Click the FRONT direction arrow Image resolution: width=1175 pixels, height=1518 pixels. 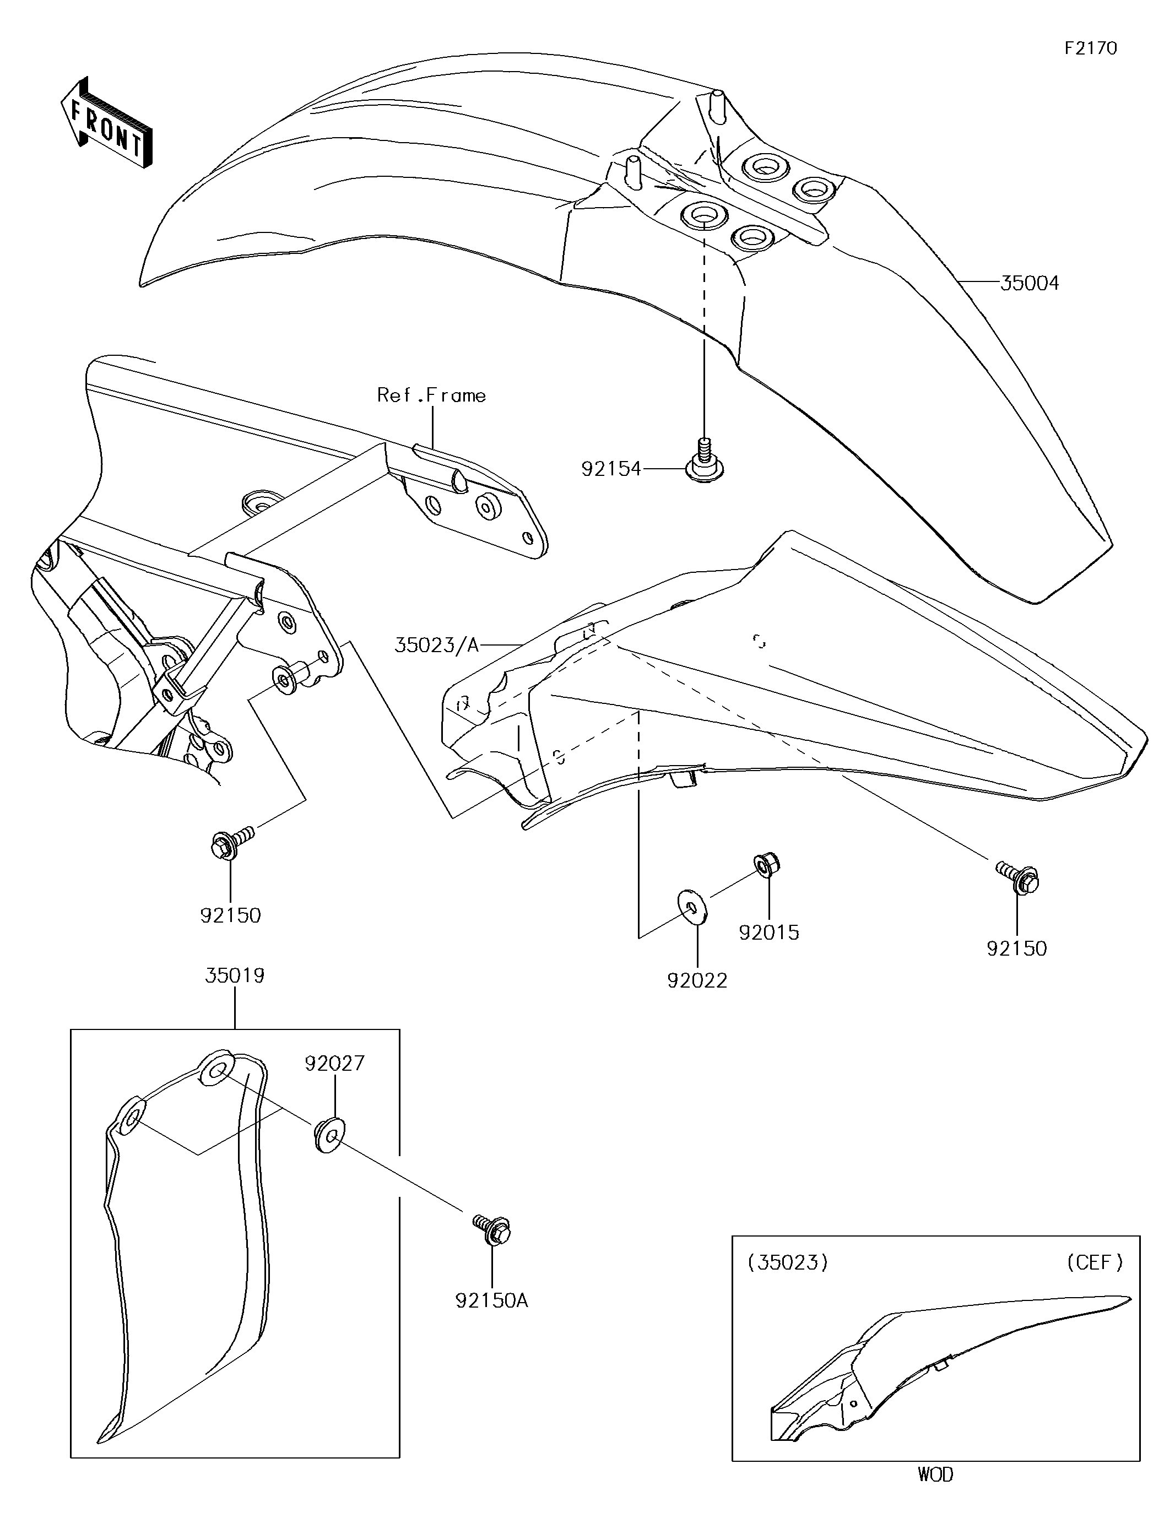(x=106, y=124)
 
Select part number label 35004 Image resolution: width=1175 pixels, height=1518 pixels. (x=1030, y=283)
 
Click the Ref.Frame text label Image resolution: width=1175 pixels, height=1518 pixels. (x=431, y=395)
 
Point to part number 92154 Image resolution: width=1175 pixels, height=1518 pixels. (x=611, y=469)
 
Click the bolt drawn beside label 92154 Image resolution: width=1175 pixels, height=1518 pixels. (x=703, y=459)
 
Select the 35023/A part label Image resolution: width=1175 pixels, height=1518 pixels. (x=437, y=646)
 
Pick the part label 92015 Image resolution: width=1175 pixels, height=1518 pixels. (x=769, y=932)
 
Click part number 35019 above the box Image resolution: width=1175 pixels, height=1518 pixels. (x=235, y=976)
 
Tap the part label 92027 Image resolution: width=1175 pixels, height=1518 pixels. (x=334, y=1064)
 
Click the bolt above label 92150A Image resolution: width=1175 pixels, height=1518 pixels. (x=492, y=1232)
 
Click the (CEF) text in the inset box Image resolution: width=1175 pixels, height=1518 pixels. (x=1095, y=1262)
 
